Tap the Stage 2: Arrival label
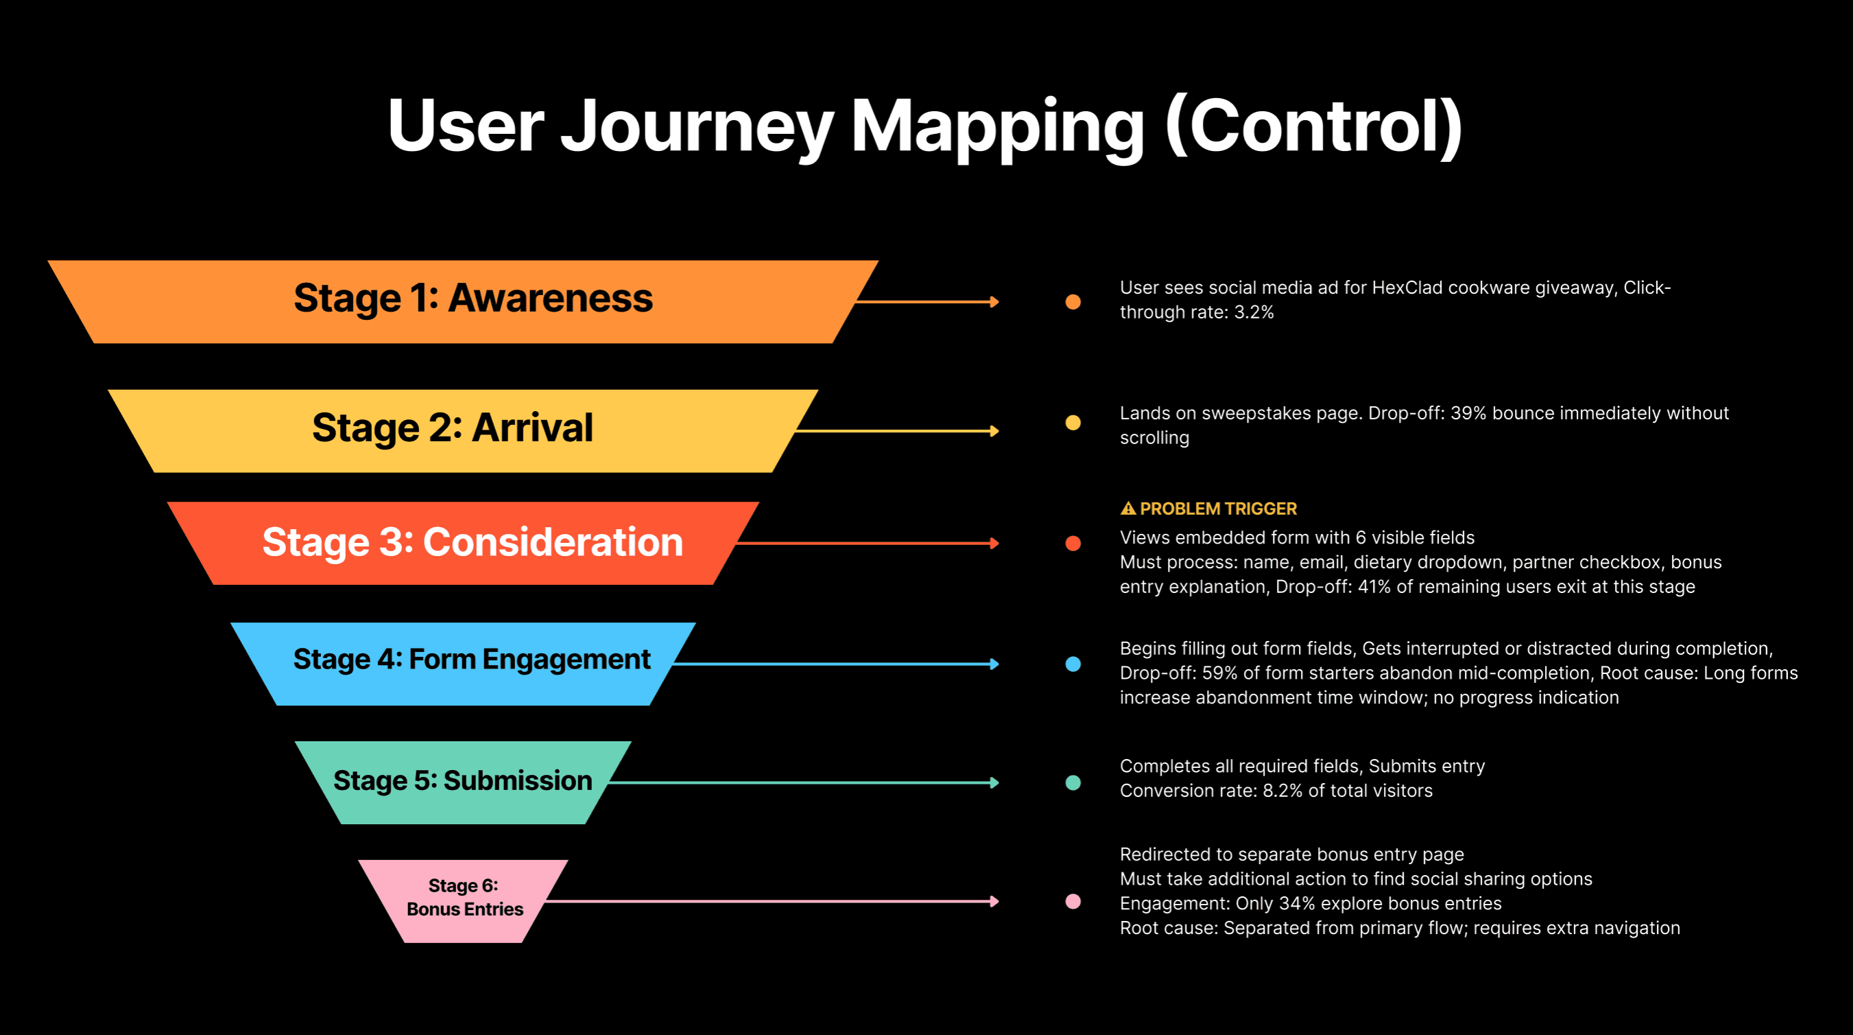(453, 428)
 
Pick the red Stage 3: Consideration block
(472, 542)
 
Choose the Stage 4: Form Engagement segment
(471, 660)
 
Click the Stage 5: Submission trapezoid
(462, 781)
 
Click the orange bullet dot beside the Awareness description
(1073, 301)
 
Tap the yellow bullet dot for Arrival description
(1073, 423)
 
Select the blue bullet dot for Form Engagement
(1073, 664)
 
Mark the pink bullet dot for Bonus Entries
(1073, 901)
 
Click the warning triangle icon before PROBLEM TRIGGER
(1128, 509)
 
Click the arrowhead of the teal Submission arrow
(995, 782)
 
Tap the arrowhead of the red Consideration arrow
(995, 544)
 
